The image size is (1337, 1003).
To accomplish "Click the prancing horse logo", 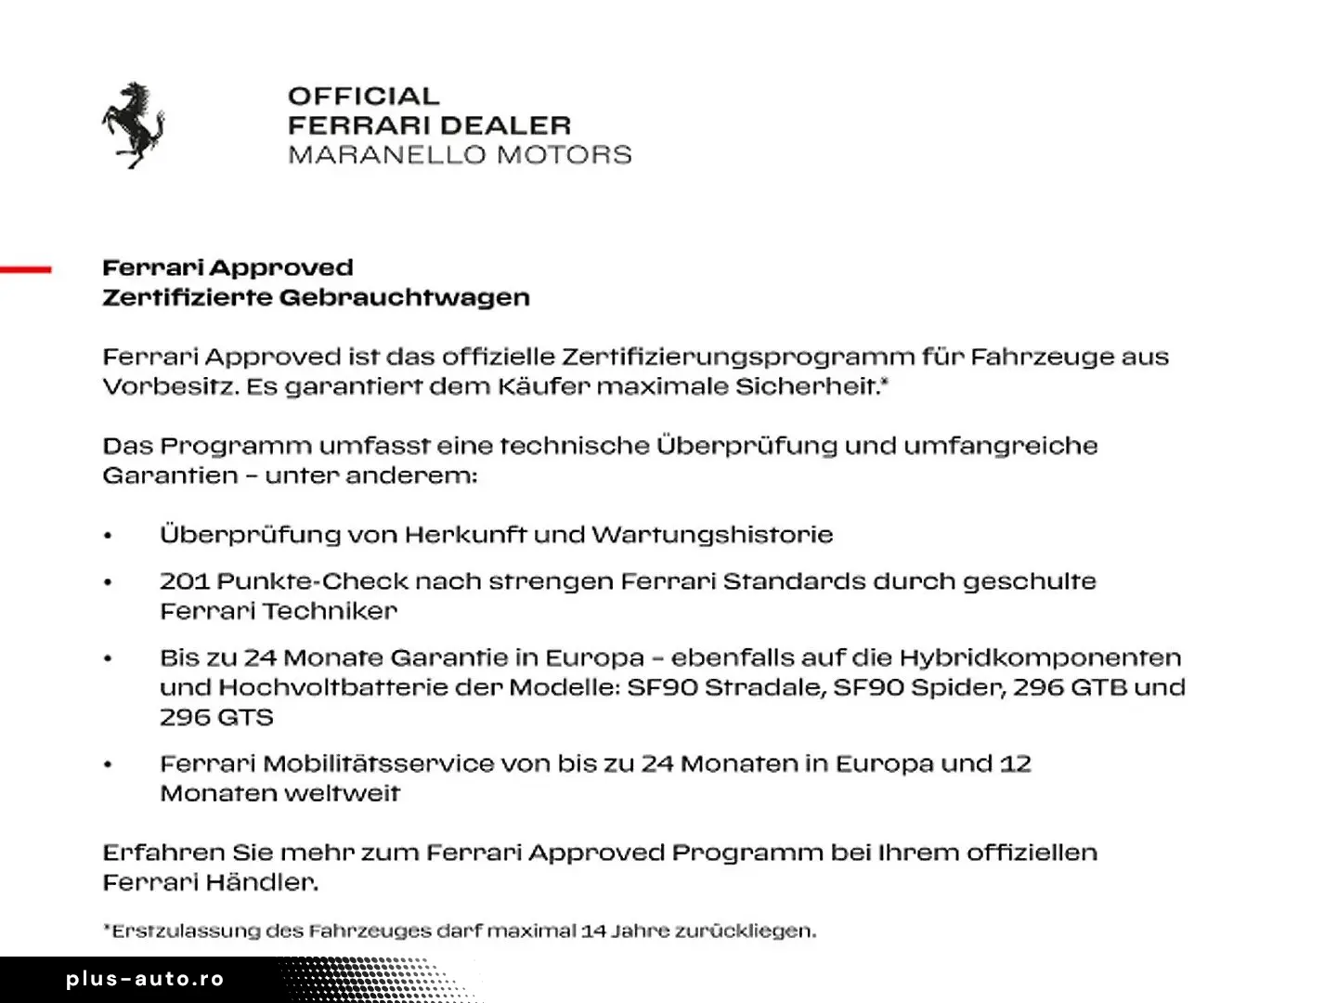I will tap(133, 124).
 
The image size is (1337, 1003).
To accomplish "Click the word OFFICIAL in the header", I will tap(363, 97).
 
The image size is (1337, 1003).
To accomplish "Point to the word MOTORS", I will tap(564, 154).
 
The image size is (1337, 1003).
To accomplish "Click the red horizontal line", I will tap(26, 269).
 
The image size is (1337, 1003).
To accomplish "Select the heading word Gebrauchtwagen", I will tap(405, 298).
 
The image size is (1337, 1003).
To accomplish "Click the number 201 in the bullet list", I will tap(184, 581).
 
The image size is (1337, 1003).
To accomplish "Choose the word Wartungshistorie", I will tap(712, 535).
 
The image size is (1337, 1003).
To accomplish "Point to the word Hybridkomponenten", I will tap(1040, 658).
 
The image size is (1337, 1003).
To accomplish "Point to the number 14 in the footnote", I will tap(593, 931).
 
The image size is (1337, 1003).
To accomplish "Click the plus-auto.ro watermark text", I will tap(145, 979).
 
